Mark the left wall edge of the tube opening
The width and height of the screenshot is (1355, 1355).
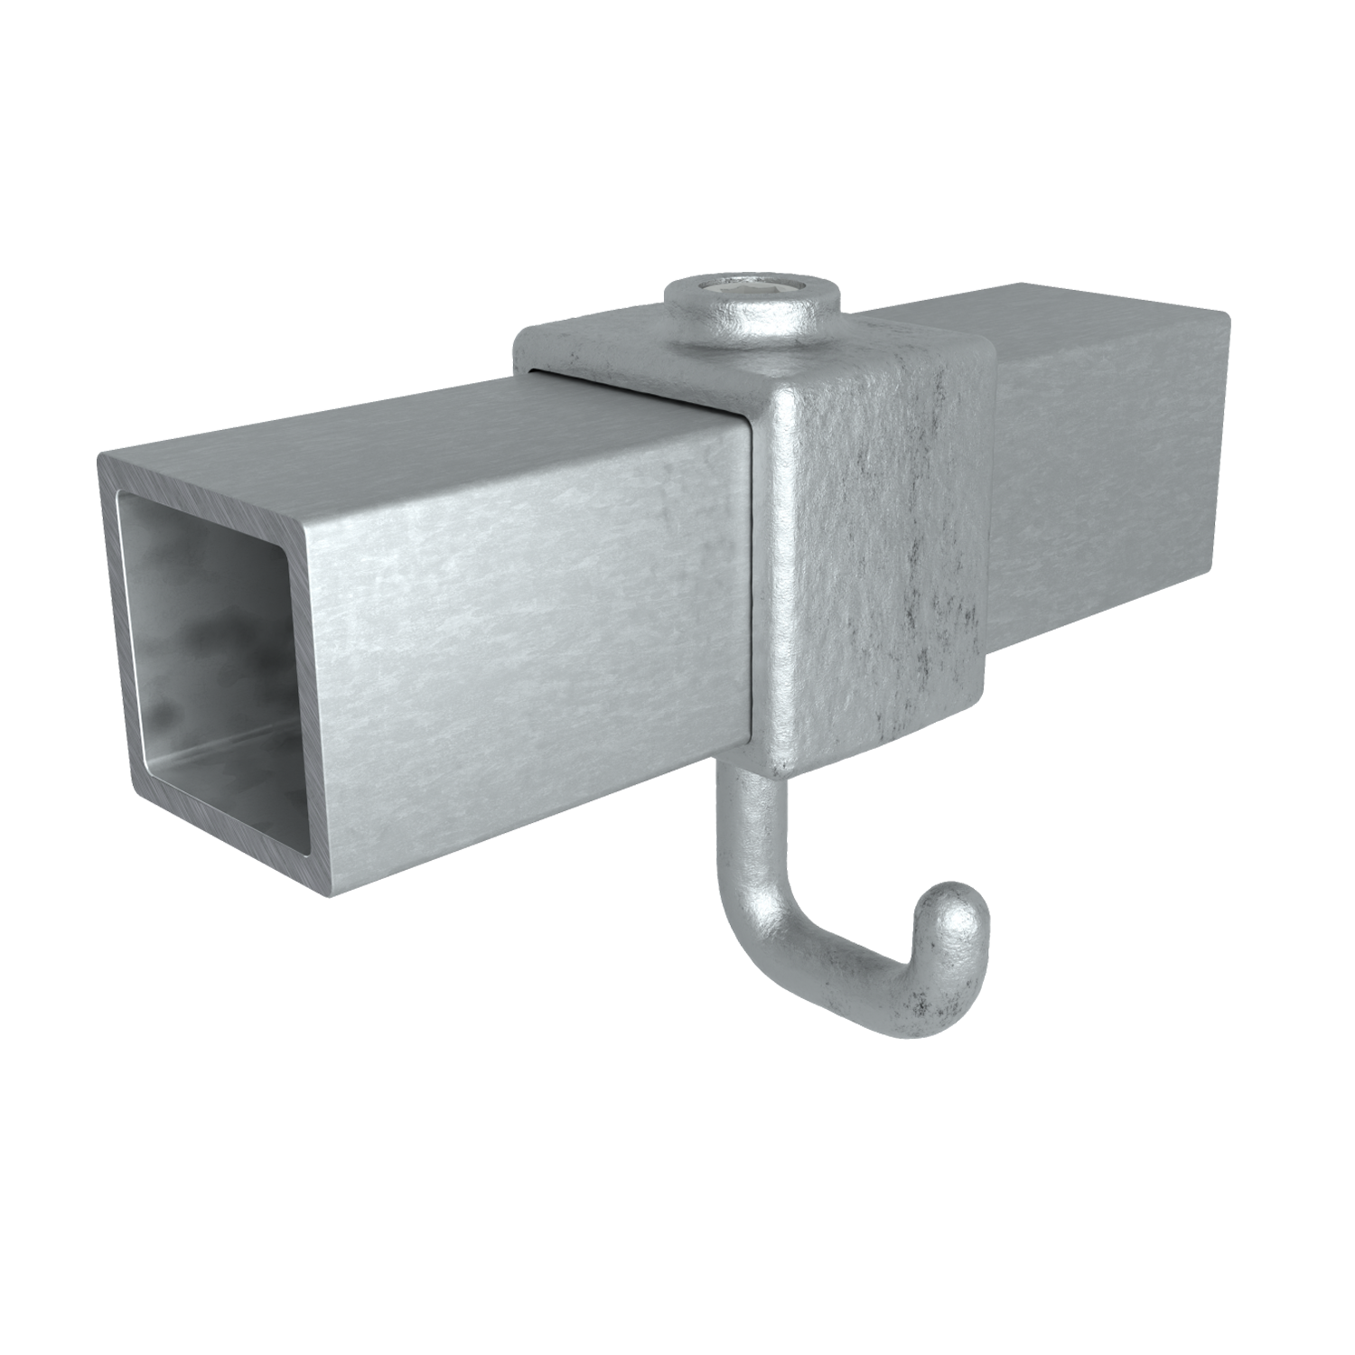coord(123,632)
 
